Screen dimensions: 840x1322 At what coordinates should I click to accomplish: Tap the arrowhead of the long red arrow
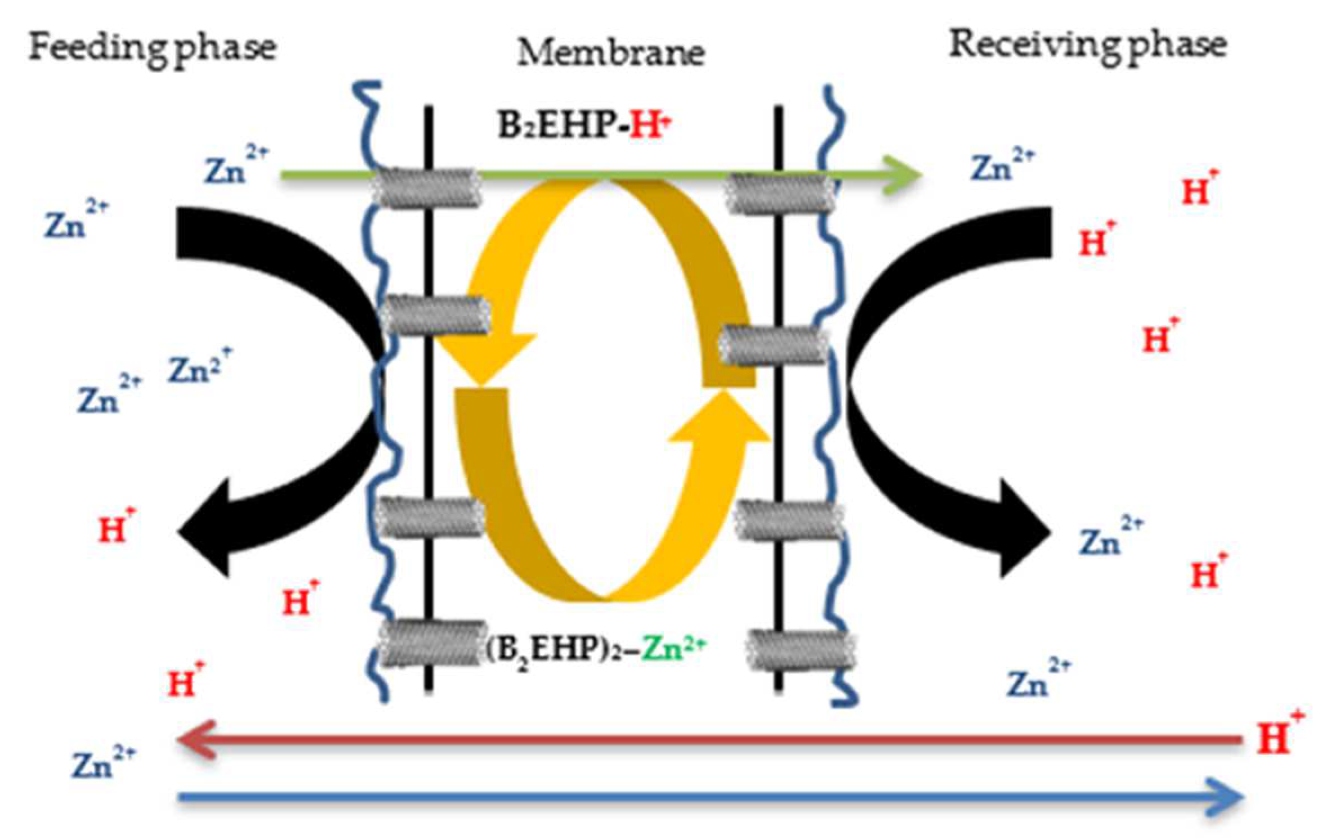point(194,739)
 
